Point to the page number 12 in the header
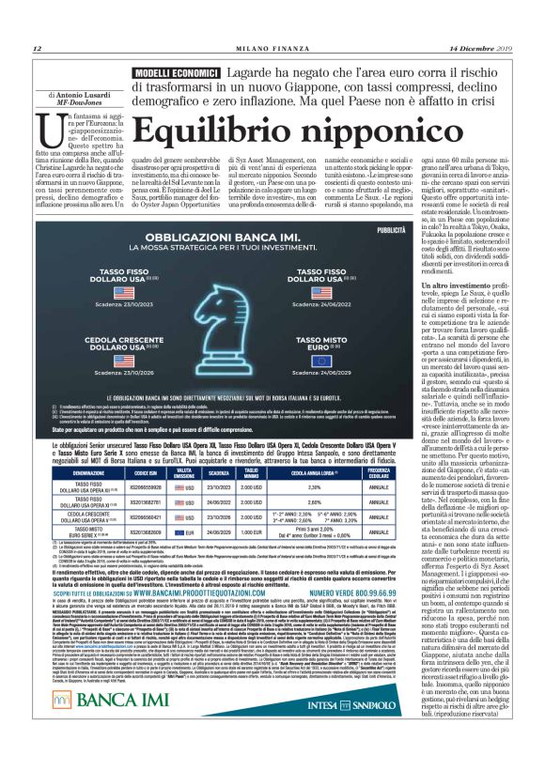[37, 49]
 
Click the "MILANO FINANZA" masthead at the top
[272, 49]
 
